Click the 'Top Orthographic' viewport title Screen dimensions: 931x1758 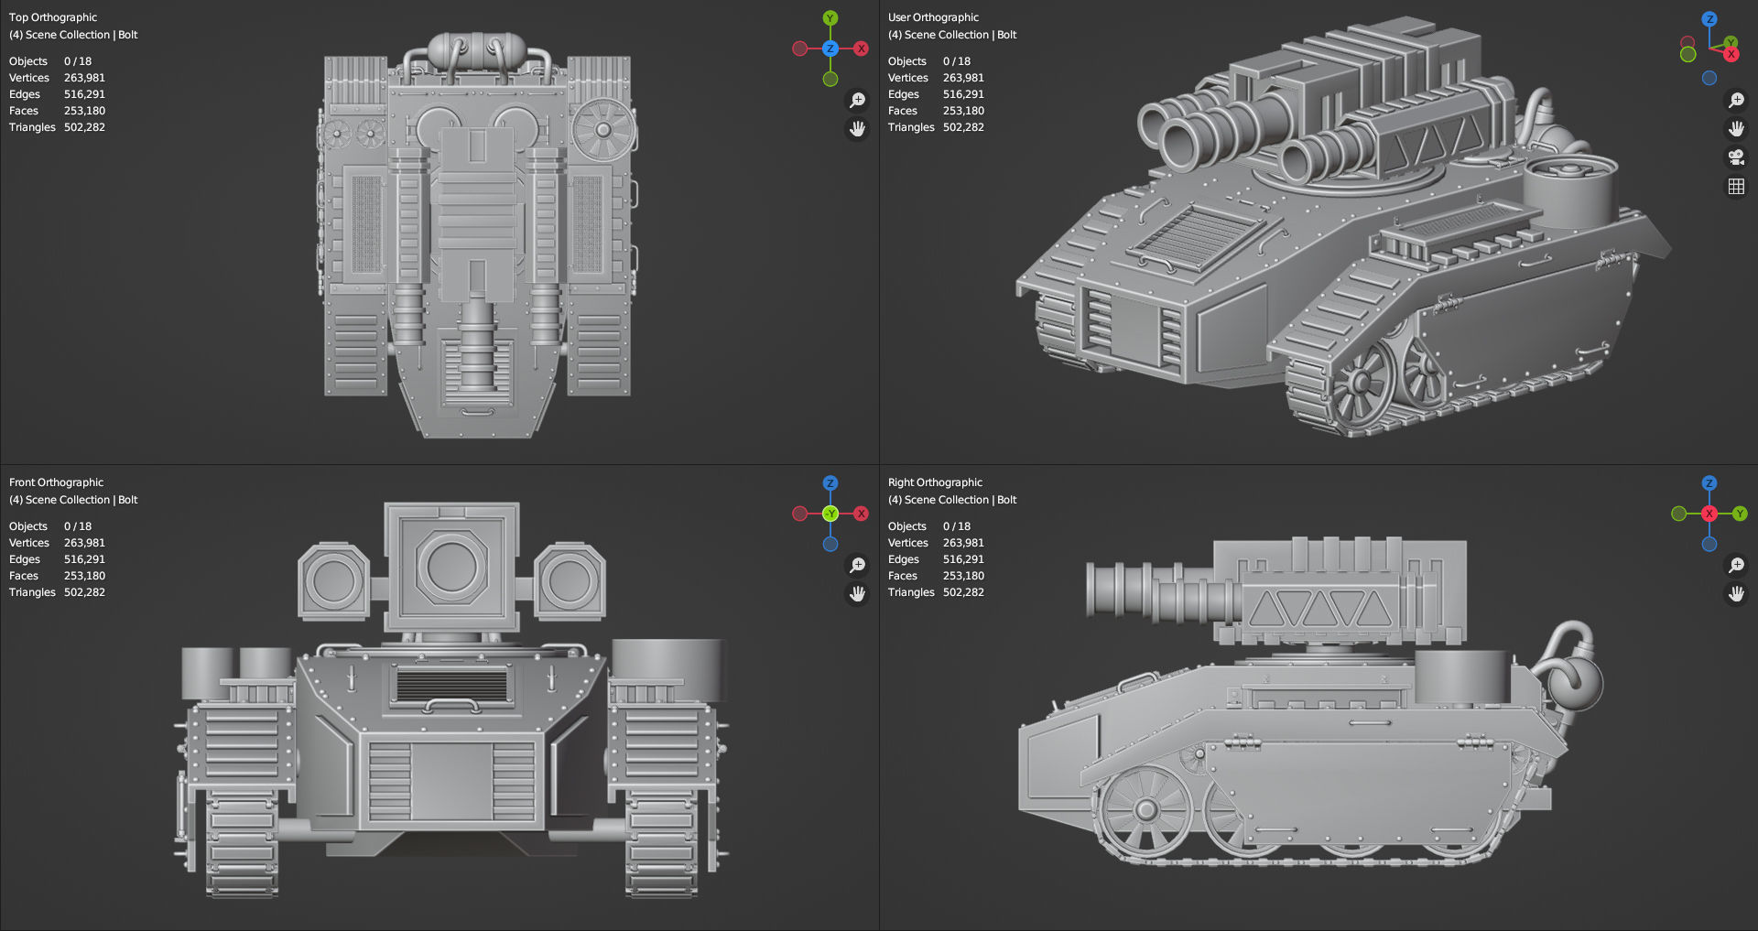[53, 17]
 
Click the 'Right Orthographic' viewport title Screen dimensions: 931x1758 [935, 482]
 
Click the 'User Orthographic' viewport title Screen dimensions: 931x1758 [933, 17]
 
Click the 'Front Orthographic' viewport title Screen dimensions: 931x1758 [56, 482]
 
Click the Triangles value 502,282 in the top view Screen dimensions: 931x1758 [84, 127]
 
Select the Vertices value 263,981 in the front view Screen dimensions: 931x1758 [84, 543]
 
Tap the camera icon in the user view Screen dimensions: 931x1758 [1735, 157]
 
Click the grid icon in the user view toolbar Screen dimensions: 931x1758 [1735, 187]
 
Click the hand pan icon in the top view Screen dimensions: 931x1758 [857, 129]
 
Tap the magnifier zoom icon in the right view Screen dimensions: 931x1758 [1735, 565]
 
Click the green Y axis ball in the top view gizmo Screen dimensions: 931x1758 [830, 18]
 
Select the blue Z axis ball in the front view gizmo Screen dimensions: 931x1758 [830, 483]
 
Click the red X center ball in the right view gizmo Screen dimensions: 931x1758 [1709, 514]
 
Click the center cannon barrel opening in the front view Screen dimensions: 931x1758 [451, 566]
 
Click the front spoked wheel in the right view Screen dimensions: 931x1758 [1145, 810]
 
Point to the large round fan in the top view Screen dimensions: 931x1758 [603, 130]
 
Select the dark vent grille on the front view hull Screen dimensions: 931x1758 [451, 686]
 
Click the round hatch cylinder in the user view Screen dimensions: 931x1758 [1568, 192]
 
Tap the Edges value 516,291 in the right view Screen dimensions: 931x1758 [963, 559]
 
